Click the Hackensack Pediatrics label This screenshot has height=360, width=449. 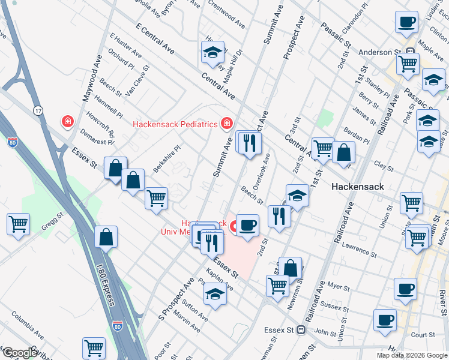pos(175,125)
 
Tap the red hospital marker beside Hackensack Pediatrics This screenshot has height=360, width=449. pos(227,124)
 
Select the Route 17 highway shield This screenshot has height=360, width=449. pos(38,110)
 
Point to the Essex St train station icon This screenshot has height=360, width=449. pos(303,329)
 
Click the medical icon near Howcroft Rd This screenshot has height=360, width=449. pos(68,122)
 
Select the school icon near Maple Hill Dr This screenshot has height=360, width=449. pos(212,53)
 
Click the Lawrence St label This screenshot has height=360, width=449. pos(359,250)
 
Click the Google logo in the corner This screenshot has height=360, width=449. pos(19,352)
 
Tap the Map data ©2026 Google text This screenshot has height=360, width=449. pos(411,355)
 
